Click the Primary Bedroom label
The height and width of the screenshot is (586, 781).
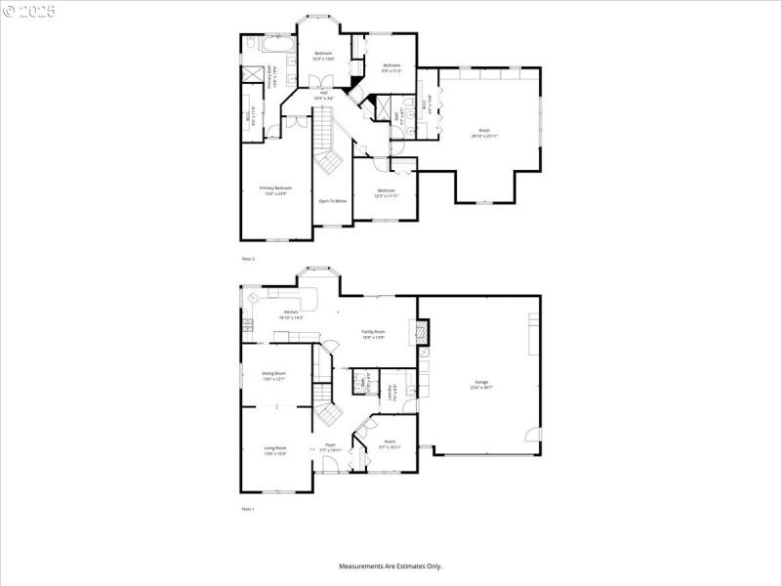(x=275, y=189)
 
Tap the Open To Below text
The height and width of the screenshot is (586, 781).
(x=332, y=200)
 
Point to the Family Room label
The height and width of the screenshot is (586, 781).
(x=374, y=334)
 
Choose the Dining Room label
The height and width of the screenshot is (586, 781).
(x=273, y=375)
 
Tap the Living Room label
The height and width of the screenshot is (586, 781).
(x=274, y=450)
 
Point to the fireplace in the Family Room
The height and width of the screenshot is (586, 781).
(x=422, y=332)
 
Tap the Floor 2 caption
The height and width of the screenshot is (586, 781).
(x=248, y=259)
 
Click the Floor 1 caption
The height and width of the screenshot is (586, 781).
(x=248, y=509)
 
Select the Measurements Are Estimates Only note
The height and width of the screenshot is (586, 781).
(x=390, y=566)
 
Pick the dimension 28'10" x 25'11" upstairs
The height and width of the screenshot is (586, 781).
(x=483, y=136)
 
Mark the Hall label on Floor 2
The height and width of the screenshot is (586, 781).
(x=323, y=95)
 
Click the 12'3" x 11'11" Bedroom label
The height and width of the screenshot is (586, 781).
(x=386, y=193)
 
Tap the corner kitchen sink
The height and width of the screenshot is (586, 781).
(x=253, y=297)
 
